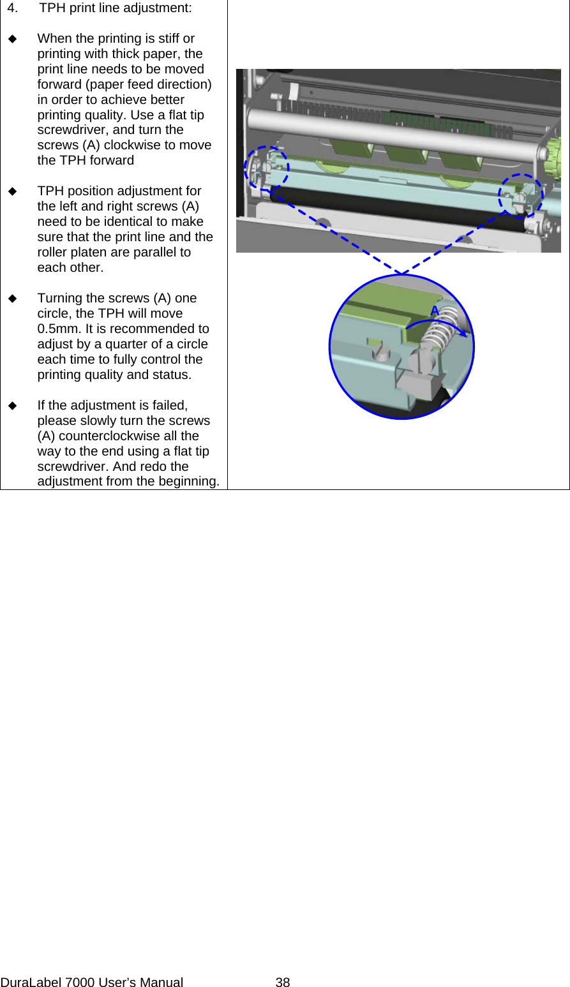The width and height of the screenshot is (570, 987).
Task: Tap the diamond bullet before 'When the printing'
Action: point(13,39)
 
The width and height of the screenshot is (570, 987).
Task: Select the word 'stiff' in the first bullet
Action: point(166,39)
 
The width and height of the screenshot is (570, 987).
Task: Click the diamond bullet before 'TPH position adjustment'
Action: point(13,191)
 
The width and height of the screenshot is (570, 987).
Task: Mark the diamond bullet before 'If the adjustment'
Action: point(13,406)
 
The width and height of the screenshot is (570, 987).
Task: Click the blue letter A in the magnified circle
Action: point(435,311)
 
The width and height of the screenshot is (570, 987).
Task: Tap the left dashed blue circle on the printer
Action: point(266,168)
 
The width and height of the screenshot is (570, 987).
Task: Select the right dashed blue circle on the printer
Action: point(521,195)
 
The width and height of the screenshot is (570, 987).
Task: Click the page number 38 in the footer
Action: point(283,983)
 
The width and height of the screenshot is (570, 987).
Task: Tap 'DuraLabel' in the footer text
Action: point(31,983)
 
